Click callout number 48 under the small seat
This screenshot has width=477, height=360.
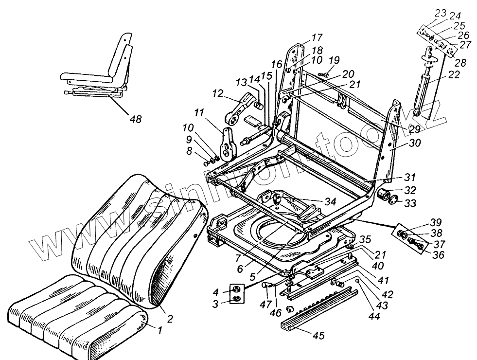[136, 119]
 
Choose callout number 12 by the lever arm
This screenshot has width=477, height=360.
[218, 92]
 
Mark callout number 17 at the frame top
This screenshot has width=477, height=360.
[317, 37]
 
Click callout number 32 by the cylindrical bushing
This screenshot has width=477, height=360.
[410, 190]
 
